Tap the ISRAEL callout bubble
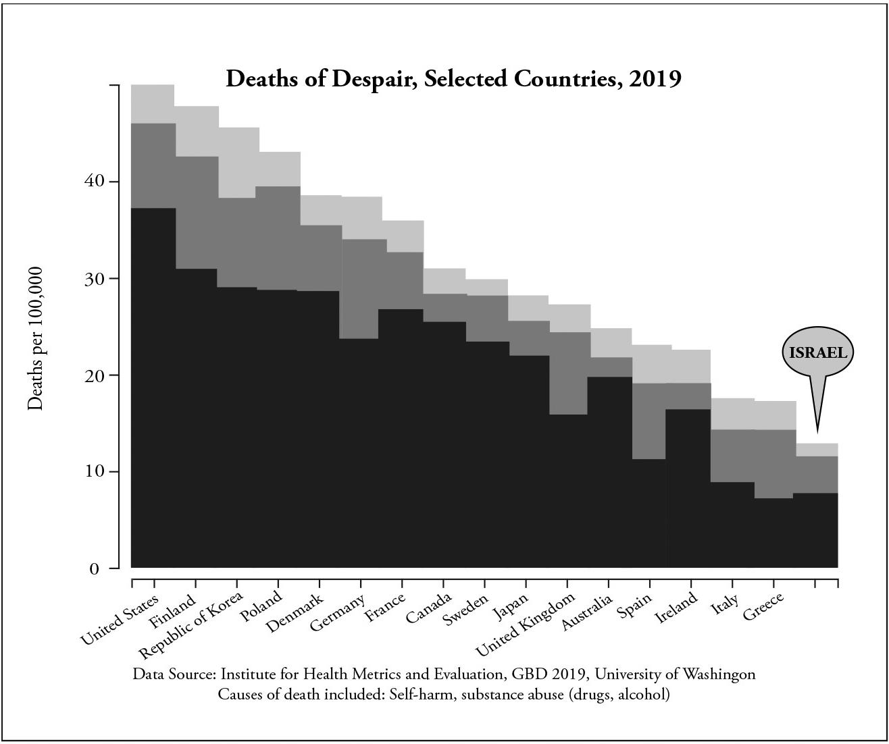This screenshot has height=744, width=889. (x=818, y=352)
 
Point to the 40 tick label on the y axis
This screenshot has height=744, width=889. (x=94, y=182)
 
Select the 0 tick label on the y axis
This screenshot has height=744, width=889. (x=95, y=568)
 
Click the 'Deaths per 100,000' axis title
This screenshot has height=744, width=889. (x=36, y=338)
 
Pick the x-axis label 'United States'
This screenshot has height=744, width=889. (x=119, y=619)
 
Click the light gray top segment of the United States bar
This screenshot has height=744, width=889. (x=153, y=104)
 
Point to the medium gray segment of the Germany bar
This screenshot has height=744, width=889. (x=361, y=288)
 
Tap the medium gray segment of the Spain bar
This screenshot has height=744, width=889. (x=649, y=421)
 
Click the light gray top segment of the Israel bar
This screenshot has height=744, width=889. (x=817, y=450)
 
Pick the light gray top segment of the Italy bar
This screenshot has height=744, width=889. (x=732, y=414)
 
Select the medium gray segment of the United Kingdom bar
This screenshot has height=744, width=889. (x=569, y=373)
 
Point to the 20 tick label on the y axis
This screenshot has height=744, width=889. (x=94, y=375)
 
